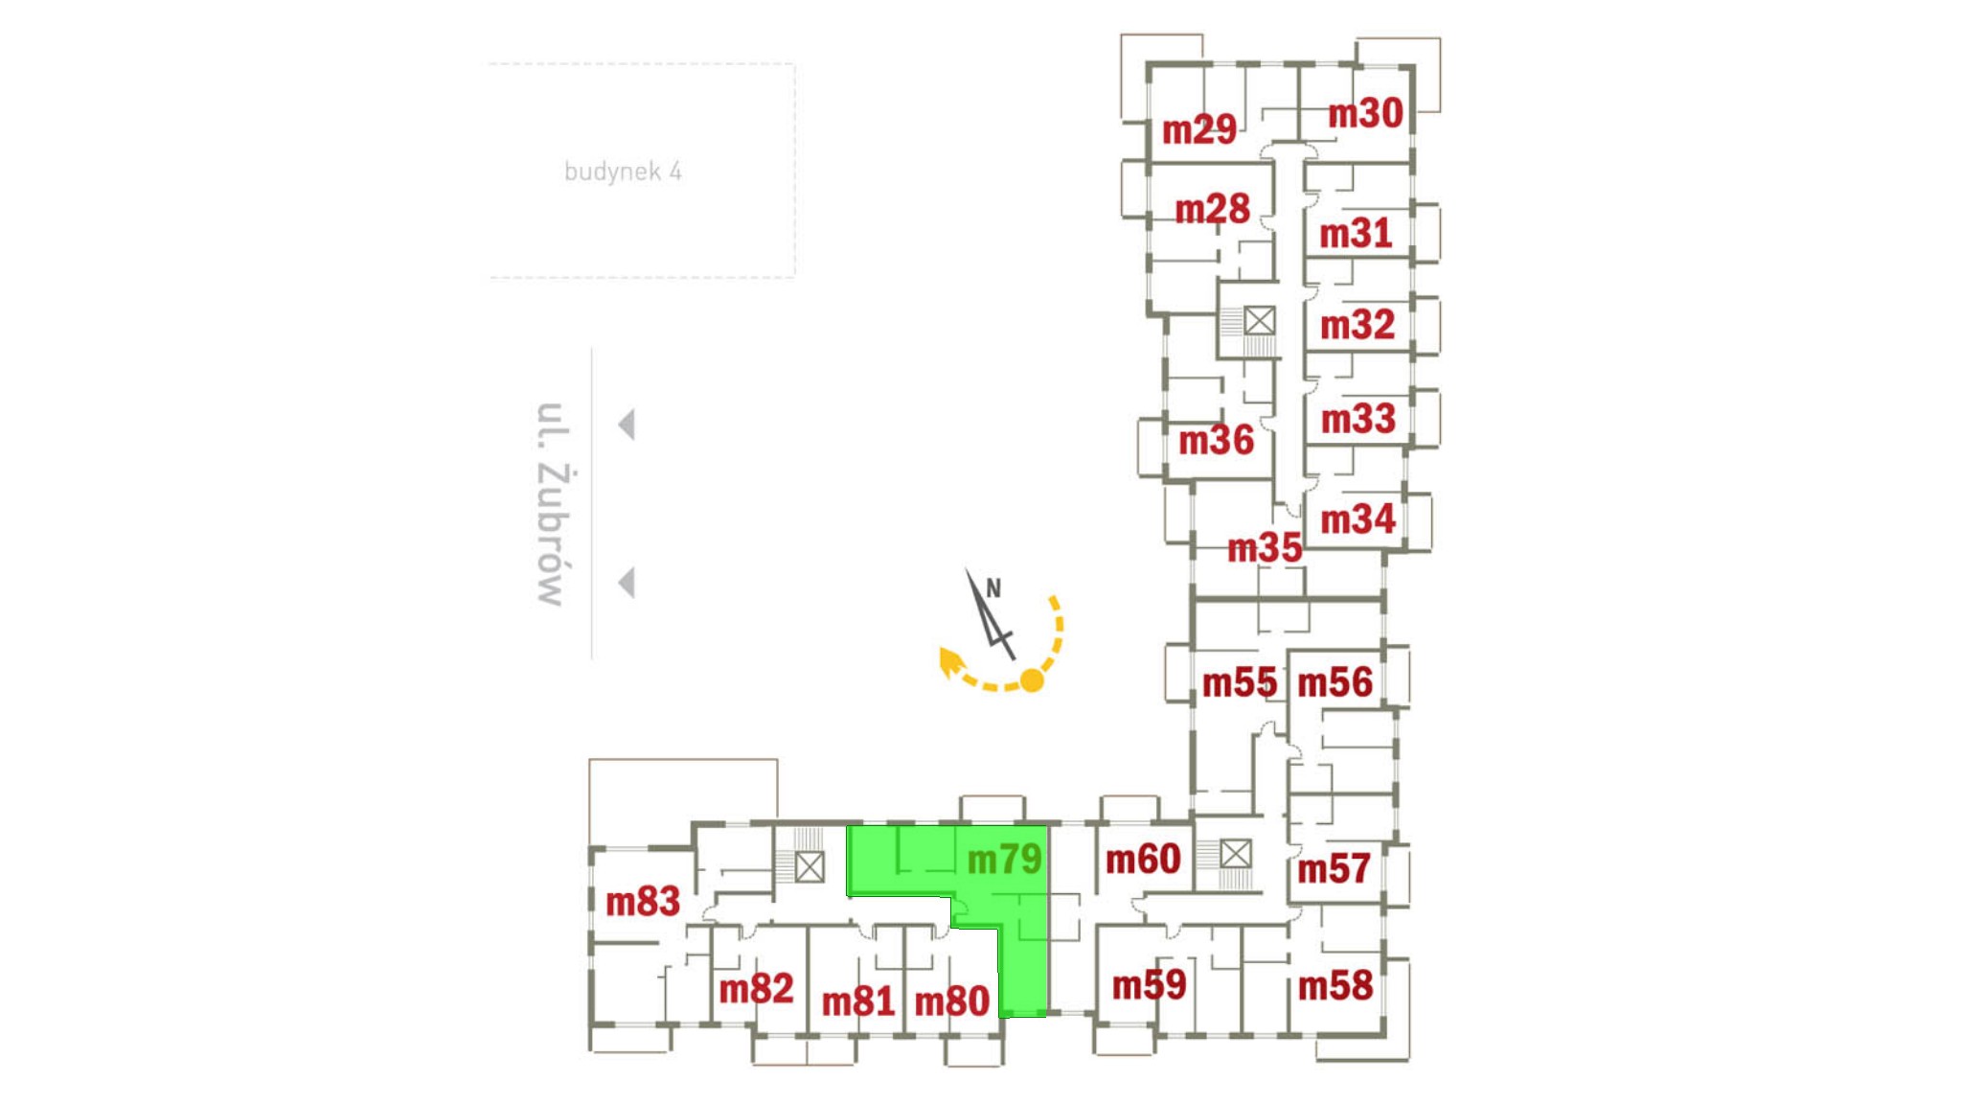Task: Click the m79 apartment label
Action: click(1004, 859)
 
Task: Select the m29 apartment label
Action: click(1198, 129)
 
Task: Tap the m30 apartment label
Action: click(1365, 114)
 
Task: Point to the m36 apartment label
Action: click(1216, 441)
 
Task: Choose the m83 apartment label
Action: click(643, 902)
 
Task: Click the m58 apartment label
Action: click(1335, 986)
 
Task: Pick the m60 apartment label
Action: click(1143, 860)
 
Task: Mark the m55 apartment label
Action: click(1240, 683)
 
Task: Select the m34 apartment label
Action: click(1357, 520)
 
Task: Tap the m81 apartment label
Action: click(858, 1002)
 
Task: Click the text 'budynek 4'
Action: click(623, 172)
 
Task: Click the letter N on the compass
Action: click(993, 588)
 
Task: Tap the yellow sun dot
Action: click(1032, 680)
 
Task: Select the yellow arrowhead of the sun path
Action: click(949, 661)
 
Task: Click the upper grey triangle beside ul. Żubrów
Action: click(627, 425)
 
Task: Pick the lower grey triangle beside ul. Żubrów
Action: click(627, 583)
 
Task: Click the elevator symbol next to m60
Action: click(1236, 853)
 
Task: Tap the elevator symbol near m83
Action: click(810, 866)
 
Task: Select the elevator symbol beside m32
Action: click(1259, 320)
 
